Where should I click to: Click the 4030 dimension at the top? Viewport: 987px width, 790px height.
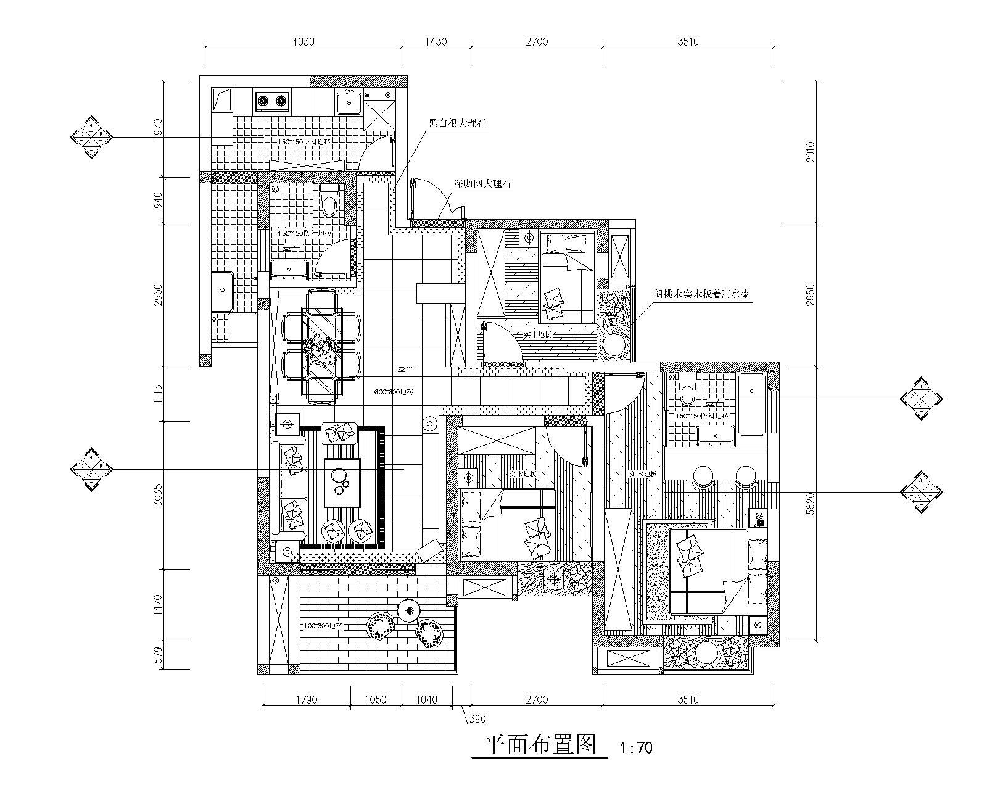303,42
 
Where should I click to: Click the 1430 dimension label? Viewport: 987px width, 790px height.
436,42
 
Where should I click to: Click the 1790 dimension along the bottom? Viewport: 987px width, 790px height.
307,699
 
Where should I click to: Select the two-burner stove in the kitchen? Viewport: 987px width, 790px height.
272,100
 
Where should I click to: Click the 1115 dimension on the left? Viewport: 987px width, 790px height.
157,394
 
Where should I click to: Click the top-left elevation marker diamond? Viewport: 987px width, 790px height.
91,136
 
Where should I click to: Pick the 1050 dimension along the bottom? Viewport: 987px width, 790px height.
376,699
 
